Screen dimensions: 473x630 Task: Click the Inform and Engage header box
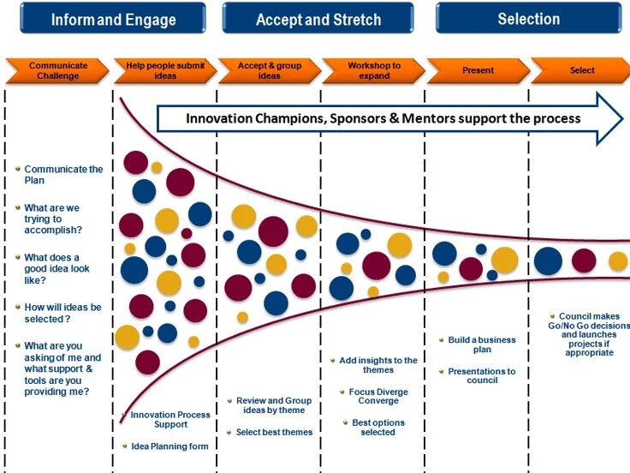click(113, 19)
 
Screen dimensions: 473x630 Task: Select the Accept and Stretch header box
click(318, 19)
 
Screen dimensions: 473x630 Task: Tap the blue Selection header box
click(528, 18)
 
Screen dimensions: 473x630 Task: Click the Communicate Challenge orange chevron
click(57, 70)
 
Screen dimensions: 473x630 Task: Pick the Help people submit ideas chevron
click(163, 70)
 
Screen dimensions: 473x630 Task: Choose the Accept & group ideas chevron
click(269, 70)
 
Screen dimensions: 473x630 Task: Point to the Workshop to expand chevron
click(373, 70)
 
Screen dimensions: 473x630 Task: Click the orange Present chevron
click(478, 70)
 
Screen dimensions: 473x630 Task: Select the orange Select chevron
click(581, 70)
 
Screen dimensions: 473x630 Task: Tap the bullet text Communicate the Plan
click(62, 175)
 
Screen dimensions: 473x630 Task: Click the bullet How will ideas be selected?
click(62, 313)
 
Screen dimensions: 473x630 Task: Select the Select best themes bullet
click(274, 432)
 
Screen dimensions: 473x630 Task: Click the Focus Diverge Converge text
click(377, 396)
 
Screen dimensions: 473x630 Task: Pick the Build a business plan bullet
click(481, 344)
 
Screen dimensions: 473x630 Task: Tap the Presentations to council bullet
click(481, 375)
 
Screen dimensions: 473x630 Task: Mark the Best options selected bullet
click(377, 427)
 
